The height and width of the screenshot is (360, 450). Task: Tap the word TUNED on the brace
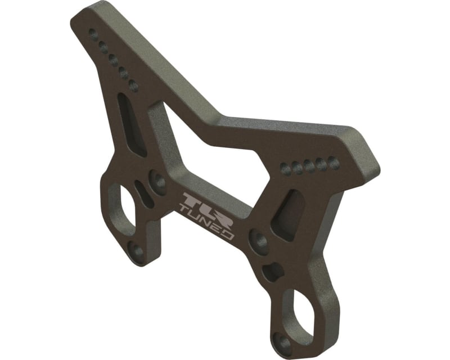click(206, 221)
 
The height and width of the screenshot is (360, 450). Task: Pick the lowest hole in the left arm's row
click(134, 87)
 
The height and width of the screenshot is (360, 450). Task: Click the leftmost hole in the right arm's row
click(284, 167)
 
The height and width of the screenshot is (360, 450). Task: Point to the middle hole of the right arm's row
click(309, 165)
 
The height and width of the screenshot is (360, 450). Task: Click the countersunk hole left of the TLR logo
click(157, 182)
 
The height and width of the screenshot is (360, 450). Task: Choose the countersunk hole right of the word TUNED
click(259, 242)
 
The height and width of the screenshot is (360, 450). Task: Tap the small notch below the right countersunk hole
click(273, 271)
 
